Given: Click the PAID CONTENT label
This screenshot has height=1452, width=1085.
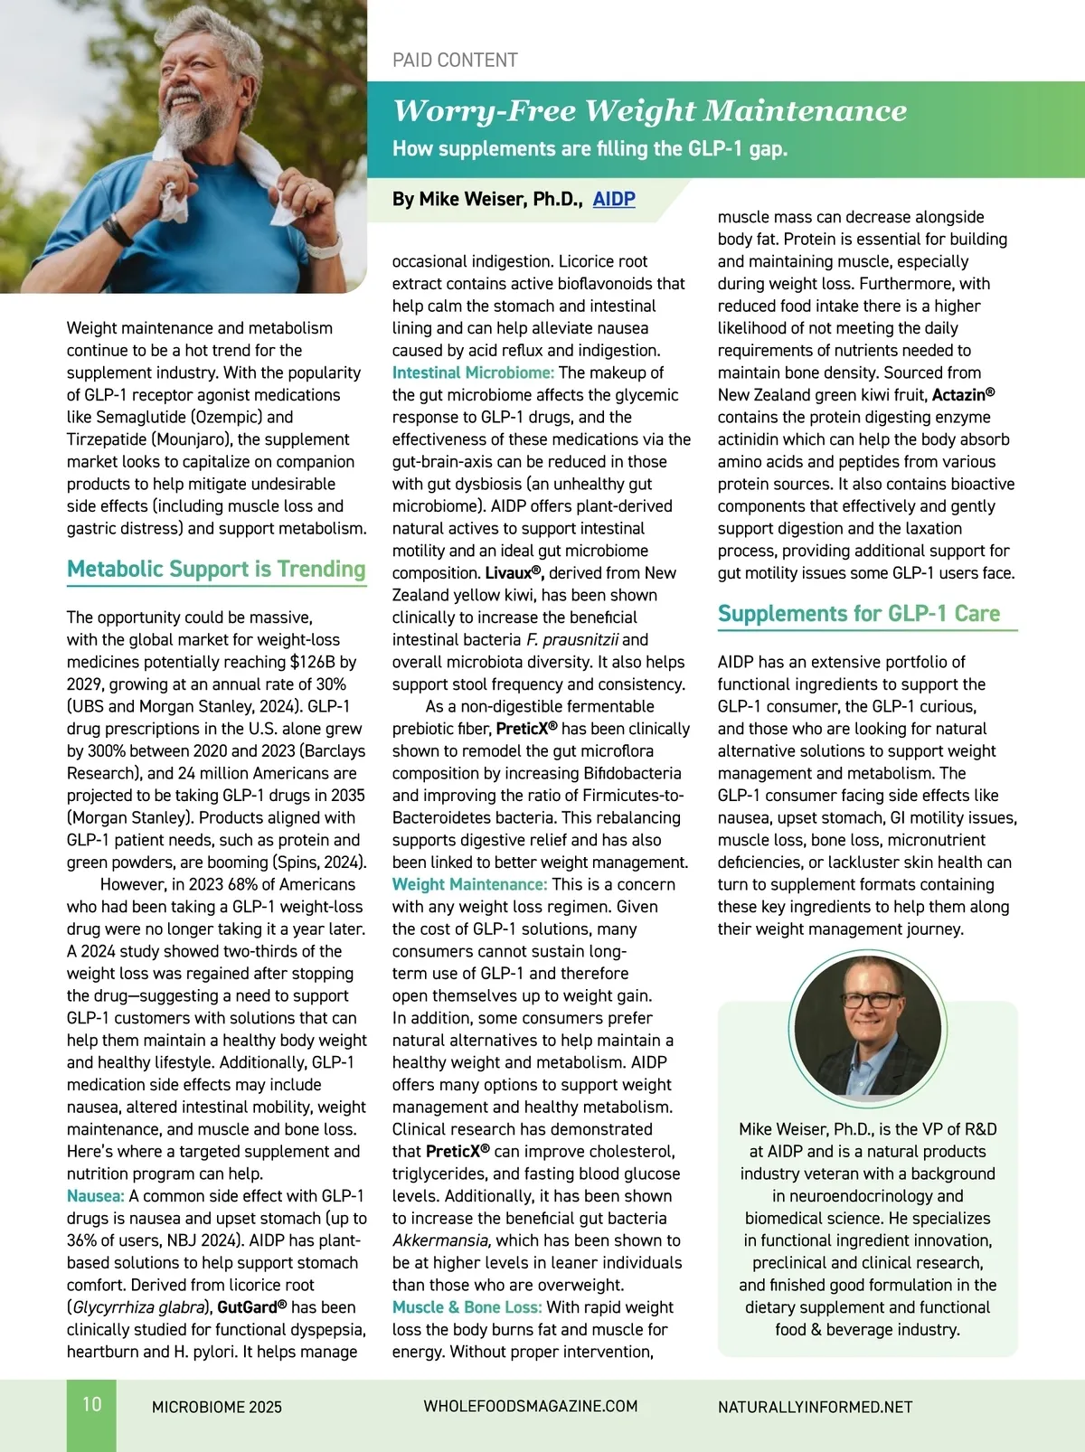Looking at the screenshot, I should [x=455, y=61].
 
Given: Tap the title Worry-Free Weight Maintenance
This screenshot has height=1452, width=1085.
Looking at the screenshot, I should [x=649, y=110].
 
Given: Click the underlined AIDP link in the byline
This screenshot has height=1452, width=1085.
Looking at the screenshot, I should [x=614, y=199].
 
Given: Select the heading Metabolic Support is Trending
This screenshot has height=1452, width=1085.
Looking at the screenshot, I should [x=216, y=569].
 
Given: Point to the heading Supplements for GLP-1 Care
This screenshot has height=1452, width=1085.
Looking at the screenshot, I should [x=858, y=614].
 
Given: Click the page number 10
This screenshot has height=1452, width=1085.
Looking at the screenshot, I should [x=92, y=1404].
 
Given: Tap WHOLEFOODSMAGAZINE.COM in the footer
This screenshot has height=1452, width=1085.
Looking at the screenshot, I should [x=531, y=1407].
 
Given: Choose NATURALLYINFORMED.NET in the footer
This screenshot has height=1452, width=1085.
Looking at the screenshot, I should [x=815, y=1407].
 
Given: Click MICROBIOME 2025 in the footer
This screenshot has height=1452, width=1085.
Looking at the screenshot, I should [x=217, y=1407].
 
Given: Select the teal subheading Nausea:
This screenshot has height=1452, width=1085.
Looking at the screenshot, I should [x=95, y=1196].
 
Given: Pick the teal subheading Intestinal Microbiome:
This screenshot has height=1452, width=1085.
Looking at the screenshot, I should [x=473, y=372].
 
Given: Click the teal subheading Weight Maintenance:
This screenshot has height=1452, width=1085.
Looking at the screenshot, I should [x=469, y=884].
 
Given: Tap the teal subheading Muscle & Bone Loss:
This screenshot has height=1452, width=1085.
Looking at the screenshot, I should [x=467, y=1307].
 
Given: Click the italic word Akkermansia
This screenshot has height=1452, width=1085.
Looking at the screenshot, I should [x=441, y=1240].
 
